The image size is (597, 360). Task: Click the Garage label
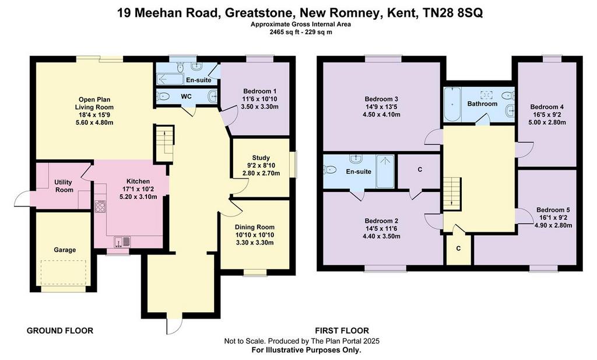[x=65, y=250]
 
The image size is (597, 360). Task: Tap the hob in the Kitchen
[x=100, y=207]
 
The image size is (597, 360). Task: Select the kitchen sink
[x=122, y=242]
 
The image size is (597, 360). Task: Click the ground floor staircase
[x=164, y=143]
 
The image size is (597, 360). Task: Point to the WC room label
[x=186, y=96]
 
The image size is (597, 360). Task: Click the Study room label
[x=261, y=158]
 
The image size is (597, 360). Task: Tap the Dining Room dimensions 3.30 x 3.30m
[x=254, y=242]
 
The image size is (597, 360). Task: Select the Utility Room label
[x=64, y=186]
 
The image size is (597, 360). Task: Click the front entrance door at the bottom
[x=174, y=326]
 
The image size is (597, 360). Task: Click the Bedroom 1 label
[x=259, y=91]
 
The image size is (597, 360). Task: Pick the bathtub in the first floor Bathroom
[x=452, y=104]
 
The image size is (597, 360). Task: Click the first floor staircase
[x=452, y=193]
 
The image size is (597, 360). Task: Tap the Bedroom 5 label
[x=553, y=210]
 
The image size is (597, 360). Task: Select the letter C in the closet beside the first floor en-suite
[x=420, y=170]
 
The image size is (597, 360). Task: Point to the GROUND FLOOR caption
[x=60, y=331]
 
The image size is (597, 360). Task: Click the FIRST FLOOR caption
[x=342, y=331]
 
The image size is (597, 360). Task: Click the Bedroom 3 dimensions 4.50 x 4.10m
[x=381, y=114]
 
